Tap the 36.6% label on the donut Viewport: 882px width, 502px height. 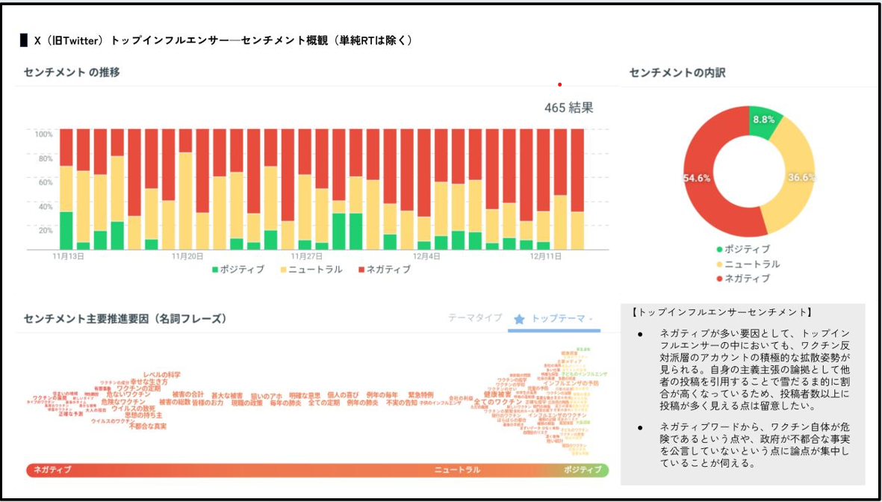[801, 178]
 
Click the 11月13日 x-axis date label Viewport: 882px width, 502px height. [68, 256]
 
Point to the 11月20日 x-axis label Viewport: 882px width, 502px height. [187, 256]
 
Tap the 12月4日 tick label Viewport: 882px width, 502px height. [426, 256]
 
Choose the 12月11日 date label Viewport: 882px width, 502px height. [546, 256]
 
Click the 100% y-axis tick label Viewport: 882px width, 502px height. [43, 134]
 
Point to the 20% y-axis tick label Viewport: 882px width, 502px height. [45, 230]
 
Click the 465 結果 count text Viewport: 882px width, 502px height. [569, 108]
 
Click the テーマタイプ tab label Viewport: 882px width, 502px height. [475, 318]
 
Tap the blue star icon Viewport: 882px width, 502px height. [519, 319]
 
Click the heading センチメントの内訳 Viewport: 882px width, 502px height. [677, 72]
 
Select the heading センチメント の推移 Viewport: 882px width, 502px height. [72, 72]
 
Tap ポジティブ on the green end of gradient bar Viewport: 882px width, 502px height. [583, 470]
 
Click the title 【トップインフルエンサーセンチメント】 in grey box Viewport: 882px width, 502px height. [721, 312]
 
